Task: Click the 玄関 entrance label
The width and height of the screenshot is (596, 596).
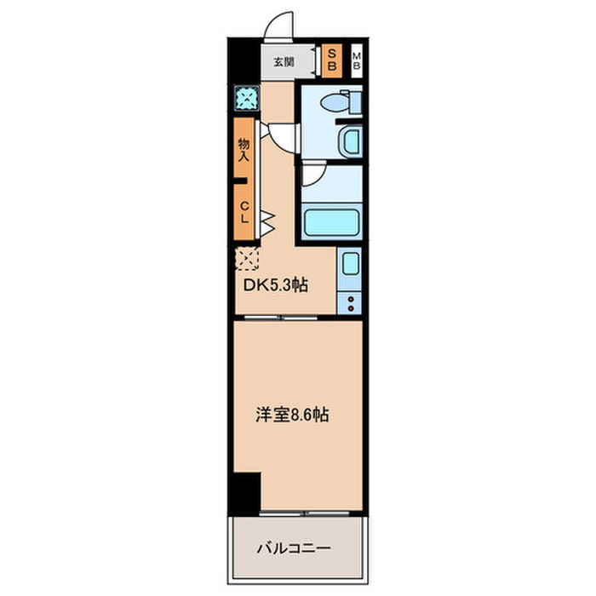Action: pos(283,61)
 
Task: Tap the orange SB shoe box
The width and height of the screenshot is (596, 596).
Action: pos(332,60)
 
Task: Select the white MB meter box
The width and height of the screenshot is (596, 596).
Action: pos(357,60)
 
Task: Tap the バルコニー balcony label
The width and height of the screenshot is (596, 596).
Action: pos(293,549)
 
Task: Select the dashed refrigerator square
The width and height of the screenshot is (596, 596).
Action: pos(247,257)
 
